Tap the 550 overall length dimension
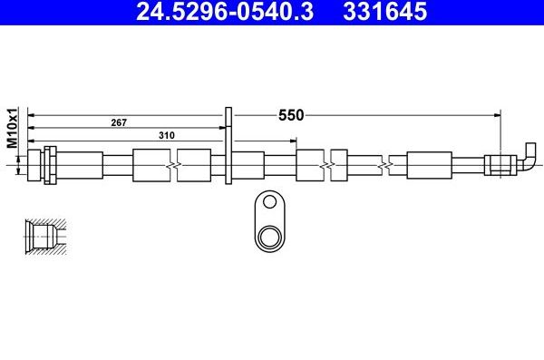click(x=290, y=115)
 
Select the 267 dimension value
click(x=118, y=122)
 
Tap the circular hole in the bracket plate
click(x=268, y=238)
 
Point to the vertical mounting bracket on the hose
click(x=228, y=150)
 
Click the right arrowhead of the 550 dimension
click(x=497, y=115)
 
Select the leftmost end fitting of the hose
click(x=34, y=165)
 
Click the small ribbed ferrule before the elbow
click(x=500, y=165)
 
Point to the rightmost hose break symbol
click(x=388, y=165)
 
